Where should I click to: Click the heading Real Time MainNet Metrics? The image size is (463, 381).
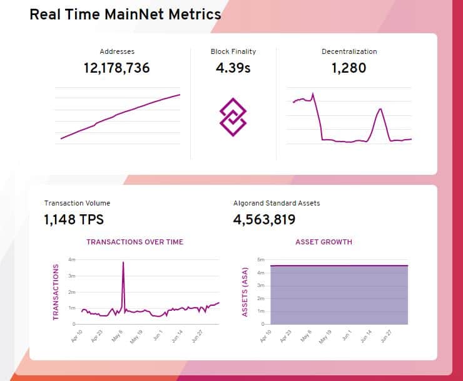click(x=125, y=14)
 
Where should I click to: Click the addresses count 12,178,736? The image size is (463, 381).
click(x=117, y=68)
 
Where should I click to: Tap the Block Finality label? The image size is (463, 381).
click(x=233, y=51)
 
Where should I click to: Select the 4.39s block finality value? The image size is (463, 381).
click(x=233, y=68)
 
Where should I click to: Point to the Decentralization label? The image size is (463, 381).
click(x=349, y=51)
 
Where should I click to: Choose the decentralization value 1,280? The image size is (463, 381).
click(x=349, y=68)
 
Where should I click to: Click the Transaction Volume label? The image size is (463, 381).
click(x=77, y=203)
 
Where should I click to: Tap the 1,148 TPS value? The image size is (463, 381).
click(x=74, y=220)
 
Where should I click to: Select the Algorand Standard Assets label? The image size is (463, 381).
click(x=277, y=203)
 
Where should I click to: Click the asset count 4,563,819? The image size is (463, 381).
click(x=264, y=220)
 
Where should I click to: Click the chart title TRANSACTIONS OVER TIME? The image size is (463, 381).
click(x=135, y=242)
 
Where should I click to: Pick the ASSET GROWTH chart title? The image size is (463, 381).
click(x=323, y=242)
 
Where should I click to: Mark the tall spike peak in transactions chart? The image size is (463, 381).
click(x=123, y=263)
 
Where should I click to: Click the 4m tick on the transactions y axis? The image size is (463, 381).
click(x=72, y=259)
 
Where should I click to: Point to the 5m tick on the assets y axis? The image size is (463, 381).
click(x=261, y=259)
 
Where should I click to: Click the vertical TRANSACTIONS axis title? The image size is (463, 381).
click(x=56, y=292)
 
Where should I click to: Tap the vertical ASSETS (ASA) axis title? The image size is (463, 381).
click(x=245, y=292)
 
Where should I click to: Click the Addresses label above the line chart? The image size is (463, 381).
click(x=117, y=51)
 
